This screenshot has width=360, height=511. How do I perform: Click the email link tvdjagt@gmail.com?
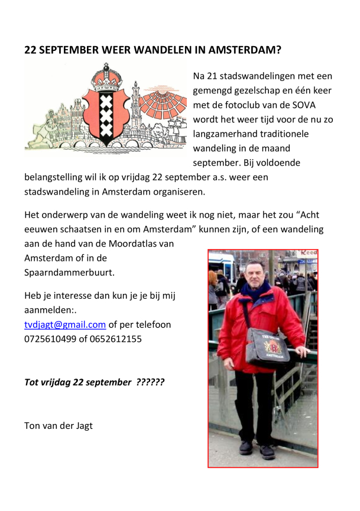tap(65, 325)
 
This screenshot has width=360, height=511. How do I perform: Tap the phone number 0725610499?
tap(50, 339)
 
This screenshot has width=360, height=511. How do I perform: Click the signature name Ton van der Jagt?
tap(58, 425)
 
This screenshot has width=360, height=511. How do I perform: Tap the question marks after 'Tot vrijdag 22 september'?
tap(150, 382)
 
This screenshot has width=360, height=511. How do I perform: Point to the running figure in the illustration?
tap(41, 139)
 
